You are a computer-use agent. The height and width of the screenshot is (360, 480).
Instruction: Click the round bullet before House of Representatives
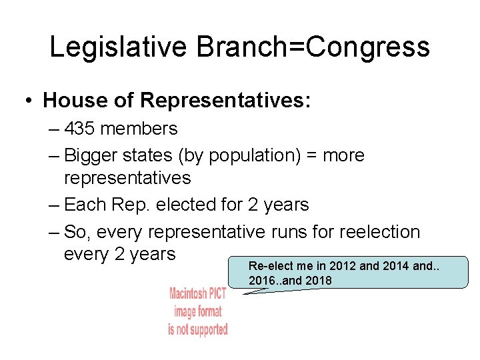[29, 101]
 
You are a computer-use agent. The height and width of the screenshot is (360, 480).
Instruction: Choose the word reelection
[380, 232]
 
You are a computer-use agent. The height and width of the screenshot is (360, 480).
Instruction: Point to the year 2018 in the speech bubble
[317, 281]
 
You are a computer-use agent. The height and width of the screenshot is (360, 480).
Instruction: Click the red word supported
[207, 329]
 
